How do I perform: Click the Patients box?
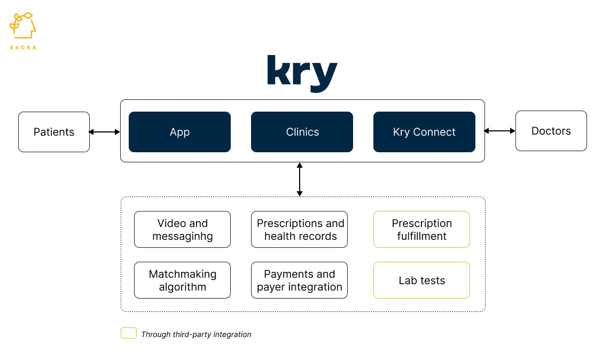tap(54, 132)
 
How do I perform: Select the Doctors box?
tap(551, 131)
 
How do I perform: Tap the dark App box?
tap(179, 132)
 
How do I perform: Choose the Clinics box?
tap(302, 132)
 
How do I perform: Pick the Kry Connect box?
tap(424, 132)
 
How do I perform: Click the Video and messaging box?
tap(183, 230)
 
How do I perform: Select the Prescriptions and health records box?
tap(300, 230)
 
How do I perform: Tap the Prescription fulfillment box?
tap(421, 230)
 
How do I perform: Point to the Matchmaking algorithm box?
tap(183, 280)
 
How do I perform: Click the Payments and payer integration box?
tap(300, 280)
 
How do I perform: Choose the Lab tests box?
tap(421, 280)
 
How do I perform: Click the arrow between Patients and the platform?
tap(105, 132)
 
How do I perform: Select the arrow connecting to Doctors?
tap(499, 131)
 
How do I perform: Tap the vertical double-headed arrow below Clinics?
tap(300, 179)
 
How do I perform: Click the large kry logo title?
tap(302, 73)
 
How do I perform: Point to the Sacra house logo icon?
tap(22, 26)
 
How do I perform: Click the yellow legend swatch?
tap(129, 333)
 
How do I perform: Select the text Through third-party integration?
tap(196, 334)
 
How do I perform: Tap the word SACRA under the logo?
tap(23, 48)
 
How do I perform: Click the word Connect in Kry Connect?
tap(434, 132)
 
